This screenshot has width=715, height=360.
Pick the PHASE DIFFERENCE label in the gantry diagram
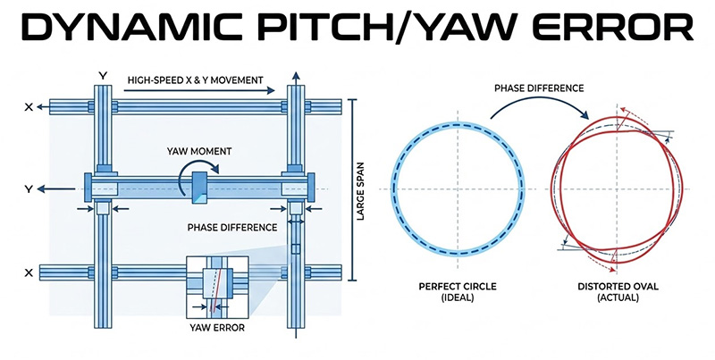[x=231, y=227]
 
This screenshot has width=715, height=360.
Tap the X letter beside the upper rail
[x=29, y=106]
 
